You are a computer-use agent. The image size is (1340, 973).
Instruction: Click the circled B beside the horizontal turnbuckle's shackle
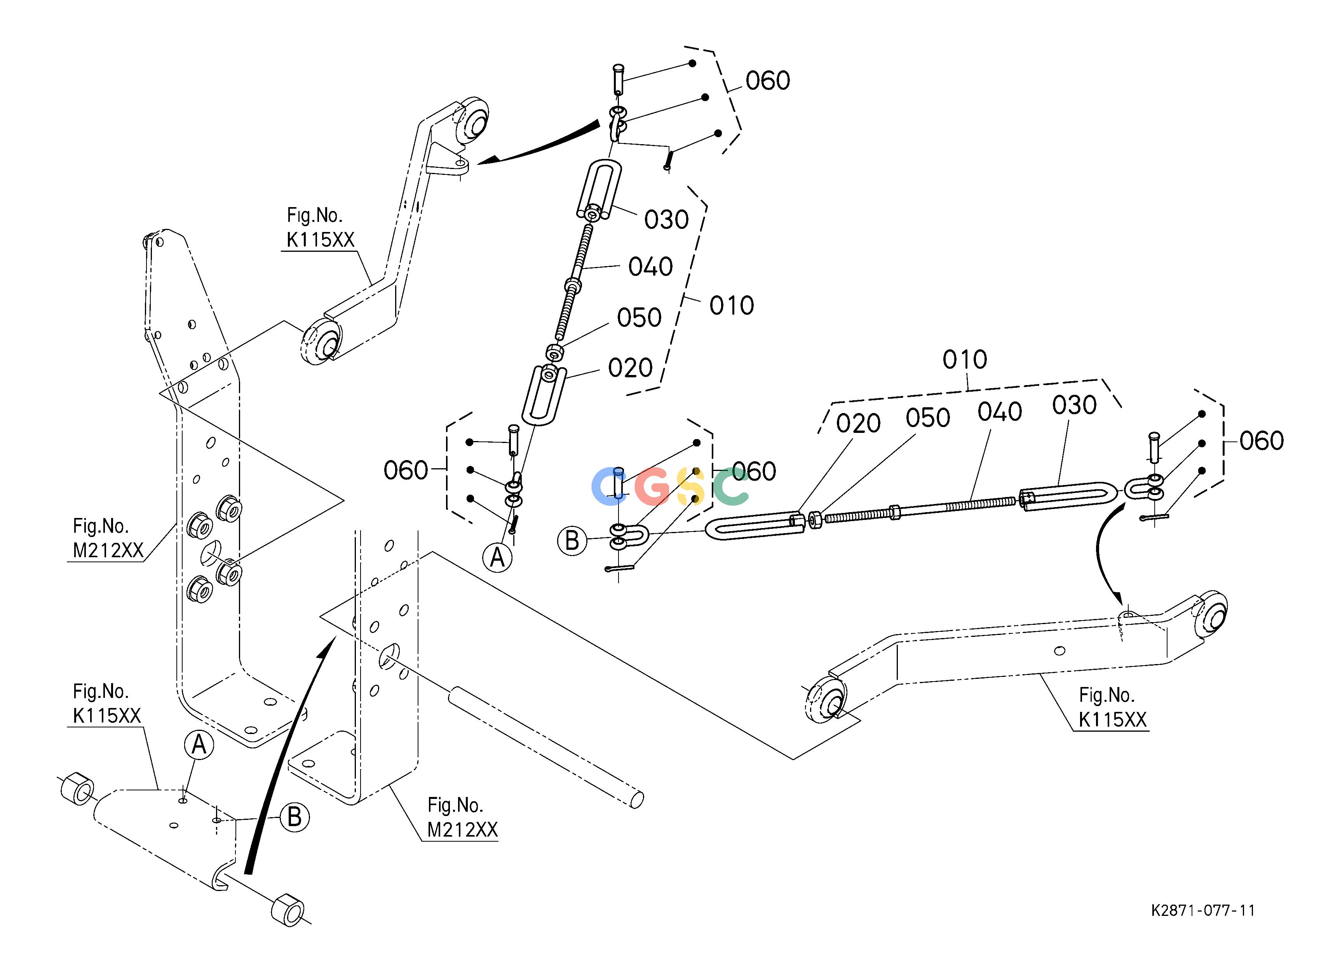click(572, 541)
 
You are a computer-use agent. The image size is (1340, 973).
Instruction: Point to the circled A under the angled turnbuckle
click(497, 557)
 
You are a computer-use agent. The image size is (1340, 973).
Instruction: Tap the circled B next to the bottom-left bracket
click(294, 818)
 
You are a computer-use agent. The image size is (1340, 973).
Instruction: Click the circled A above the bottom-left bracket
click(199, 746)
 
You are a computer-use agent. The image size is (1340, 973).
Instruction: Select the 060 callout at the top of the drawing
click(767, 81)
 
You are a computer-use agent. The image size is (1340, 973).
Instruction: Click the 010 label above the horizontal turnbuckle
click(965, 359)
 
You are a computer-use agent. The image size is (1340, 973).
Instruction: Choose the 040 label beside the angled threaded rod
click(650, 267)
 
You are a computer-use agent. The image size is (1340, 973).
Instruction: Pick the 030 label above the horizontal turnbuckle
click(1075, 405)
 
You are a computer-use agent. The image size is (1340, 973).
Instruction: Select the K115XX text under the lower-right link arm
click(1113, 720)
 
